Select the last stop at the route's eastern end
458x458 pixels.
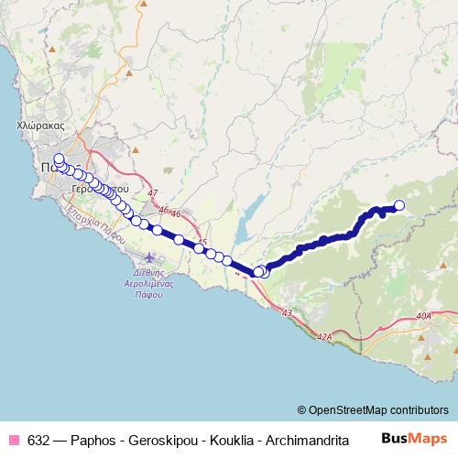399,206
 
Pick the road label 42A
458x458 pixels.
325,337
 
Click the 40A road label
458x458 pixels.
421,316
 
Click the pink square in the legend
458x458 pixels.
14,438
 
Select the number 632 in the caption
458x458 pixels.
39,438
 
